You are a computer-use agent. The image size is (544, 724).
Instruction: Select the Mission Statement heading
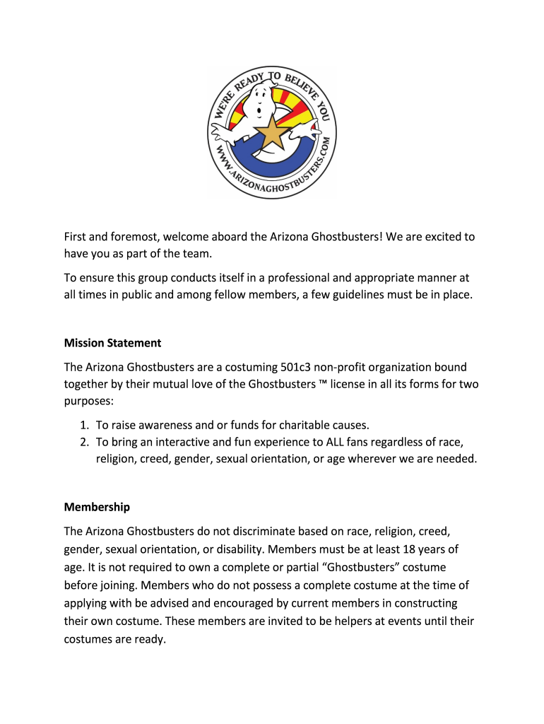click(112, 343)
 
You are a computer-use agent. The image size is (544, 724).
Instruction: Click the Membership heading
click(97, 507)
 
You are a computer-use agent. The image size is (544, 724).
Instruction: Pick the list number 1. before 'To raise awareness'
click(83, 425)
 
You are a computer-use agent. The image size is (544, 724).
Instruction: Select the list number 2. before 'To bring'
click(83, 442)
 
